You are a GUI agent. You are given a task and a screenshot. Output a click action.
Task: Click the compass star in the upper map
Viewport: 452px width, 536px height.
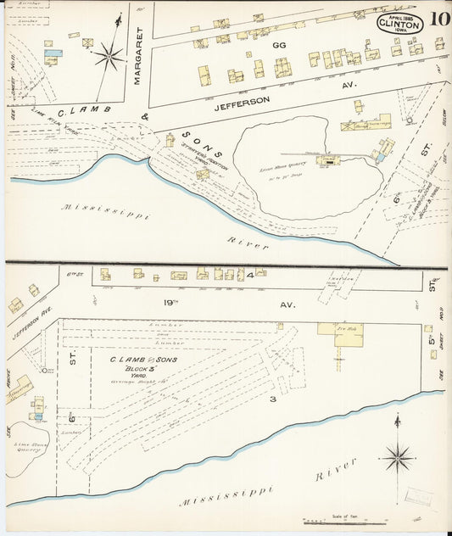pyautogui.click(x=109, y=57)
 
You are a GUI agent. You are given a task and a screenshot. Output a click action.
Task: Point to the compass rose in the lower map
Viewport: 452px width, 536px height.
pyautogui.click(x=397, y=458)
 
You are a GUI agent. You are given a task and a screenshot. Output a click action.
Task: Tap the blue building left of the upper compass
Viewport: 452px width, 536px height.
pyautogui.click(x=53, y=53)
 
